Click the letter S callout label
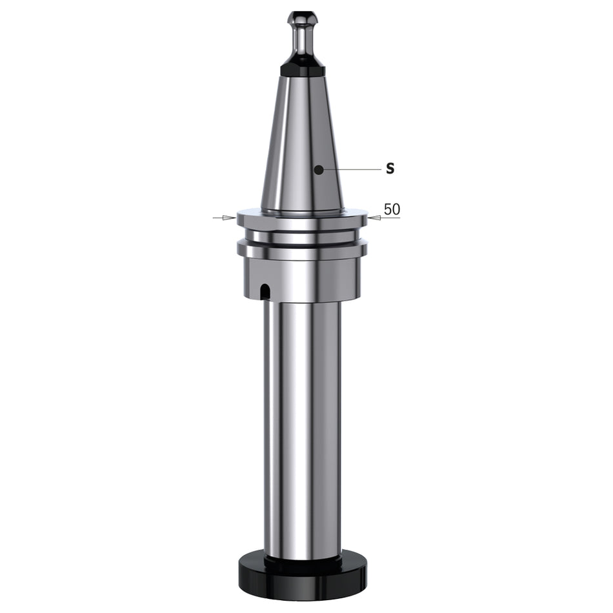[390, 168]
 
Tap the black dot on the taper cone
[319, 170]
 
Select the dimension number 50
[392, 209]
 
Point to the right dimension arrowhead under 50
[374, 217]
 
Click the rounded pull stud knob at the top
[303, 19]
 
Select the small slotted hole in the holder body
[265, 291]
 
